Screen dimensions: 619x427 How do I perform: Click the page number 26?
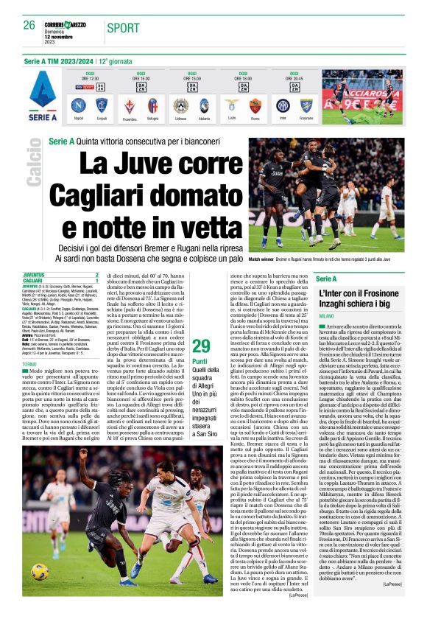click(29, 25)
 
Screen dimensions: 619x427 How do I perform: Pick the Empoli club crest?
click(101, 106)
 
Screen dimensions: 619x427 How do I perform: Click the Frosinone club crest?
click(306, 106)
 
